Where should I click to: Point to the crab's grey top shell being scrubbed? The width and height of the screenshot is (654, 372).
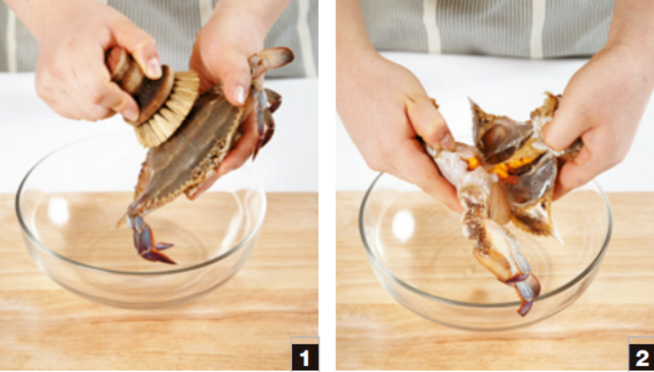[187, 146]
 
